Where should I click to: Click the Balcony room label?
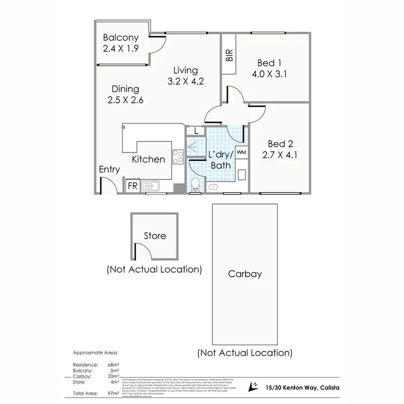[121, 38]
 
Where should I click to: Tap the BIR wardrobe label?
[229, 56]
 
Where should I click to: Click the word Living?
[185, 71]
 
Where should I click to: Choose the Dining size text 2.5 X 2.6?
[126, 100]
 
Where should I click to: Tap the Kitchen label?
[149, 159]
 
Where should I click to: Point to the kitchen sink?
[155, 186]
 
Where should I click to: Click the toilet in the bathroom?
[196, 186]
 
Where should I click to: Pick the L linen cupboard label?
[196, 131]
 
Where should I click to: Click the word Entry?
[109, 170]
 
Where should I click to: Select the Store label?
[155, 235]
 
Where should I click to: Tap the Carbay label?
[245, 274]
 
